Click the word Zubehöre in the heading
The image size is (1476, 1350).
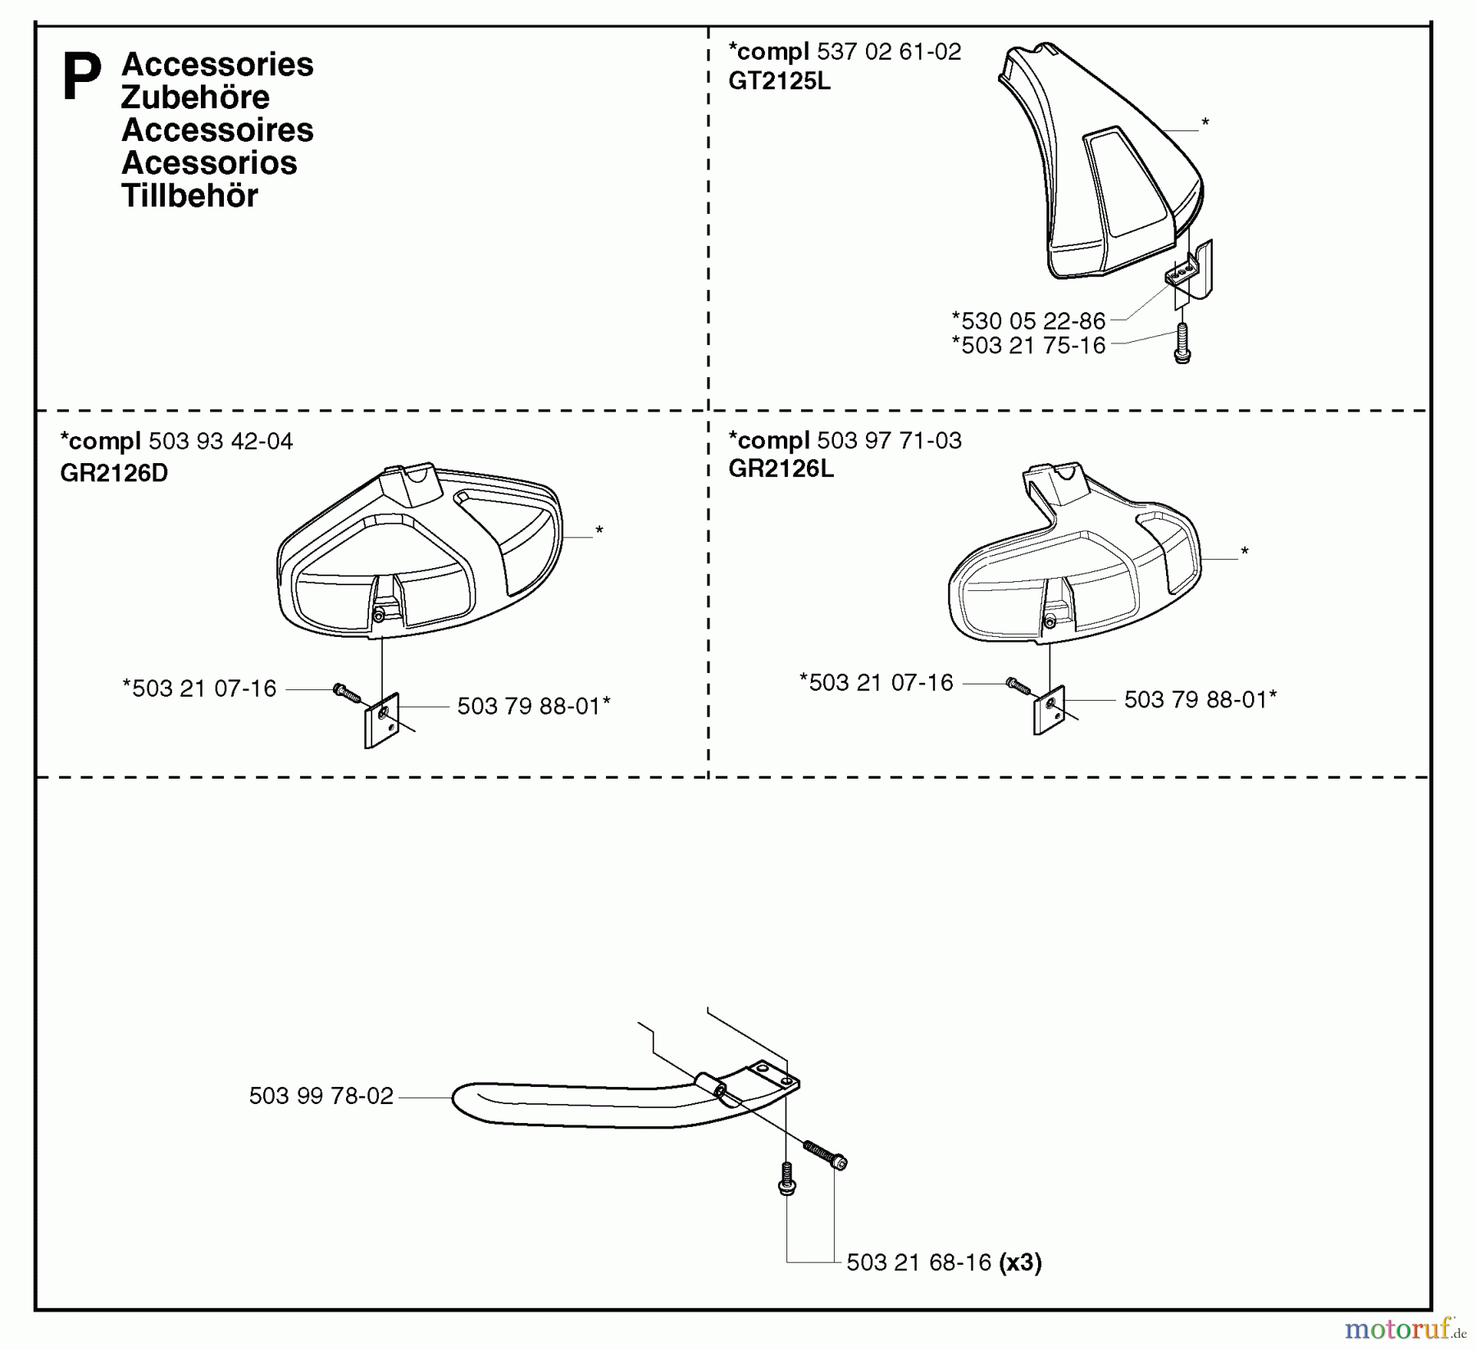point(195,98)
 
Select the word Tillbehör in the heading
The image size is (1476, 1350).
point(189,196)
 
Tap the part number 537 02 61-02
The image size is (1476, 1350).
point(889,52)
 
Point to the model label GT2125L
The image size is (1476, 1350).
point(779,81)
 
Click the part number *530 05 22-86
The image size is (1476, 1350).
point(1028,320)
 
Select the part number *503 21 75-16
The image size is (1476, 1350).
point(1028,345)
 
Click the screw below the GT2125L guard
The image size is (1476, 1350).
point(1182,343)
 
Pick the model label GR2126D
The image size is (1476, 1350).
point(114,473)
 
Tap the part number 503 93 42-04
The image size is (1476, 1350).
point(221,442)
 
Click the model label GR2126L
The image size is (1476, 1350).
point(781,469)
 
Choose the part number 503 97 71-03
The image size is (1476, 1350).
point(889,440)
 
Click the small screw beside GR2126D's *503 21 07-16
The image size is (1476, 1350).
point(346,693)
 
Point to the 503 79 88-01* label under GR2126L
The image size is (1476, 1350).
point(1200,699)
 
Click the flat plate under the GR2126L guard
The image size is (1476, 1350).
point(1049,710)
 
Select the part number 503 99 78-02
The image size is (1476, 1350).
point(321,1097)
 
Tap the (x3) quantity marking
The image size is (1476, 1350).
point(1020,1262)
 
